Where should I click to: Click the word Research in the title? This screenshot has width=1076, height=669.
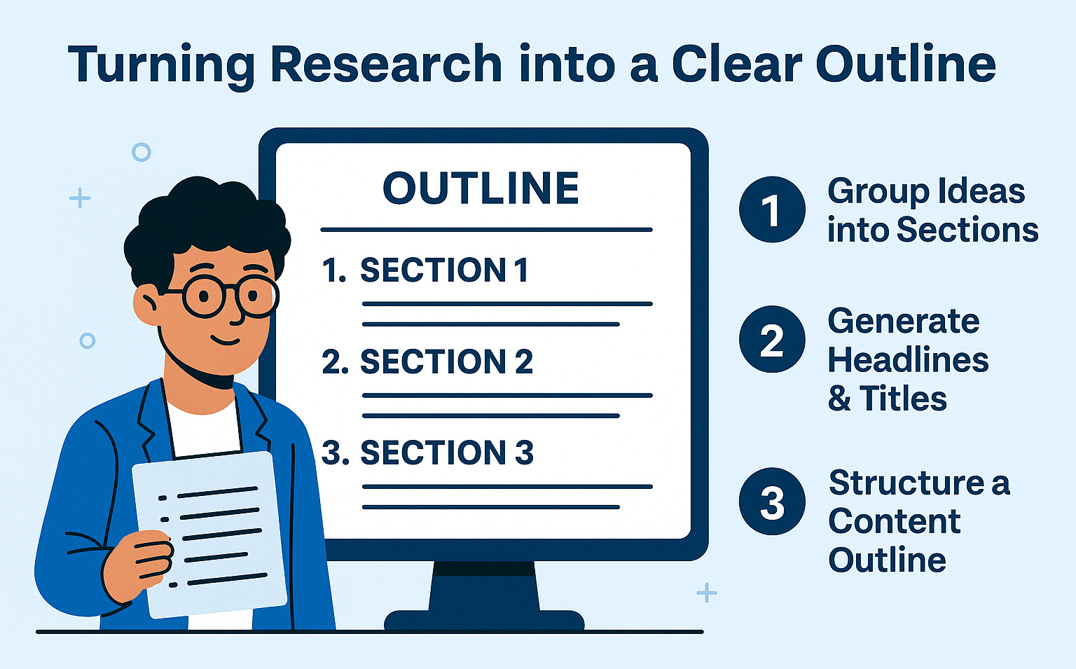[386, 64]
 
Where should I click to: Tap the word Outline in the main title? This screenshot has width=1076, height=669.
[906, 64]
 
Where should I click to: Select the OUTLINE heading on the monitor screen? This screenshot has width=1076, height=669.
[481, 188]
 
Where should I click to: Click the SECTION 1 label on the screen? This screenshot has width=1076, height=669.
[443, 270]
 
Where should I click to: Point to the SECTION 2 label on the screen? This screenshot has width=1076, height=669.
[446, 361]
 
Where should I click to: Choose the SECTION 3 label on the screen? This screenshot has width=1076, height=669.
[447, 453]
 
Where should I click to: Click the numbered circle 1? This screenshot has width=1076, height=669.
[772, 209]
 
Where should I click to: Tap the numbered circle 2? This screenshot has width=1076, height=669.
[772, 339]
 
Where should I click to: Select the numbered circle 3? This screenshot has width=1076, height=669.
[772, 502]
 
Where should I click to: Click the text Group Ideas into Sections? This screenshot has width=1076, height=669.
[932, 210]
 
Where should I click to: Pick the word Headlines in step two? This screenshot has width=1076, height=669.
[908, 359]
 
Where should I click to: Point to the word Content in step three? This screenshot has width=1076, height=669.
[895, 521]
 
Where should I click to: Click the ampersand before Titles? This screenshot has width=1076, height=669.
[839, 399]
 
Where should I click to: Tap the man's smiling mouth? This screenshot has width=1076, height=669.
[225, 340]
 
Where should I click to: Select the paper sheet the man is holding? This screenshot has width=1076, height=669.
[209, 534]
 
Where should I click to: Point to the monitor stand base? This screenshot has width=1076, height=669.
[484, 619]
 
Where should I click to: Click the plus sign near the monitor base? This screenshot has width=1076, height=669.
[707, 593]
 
